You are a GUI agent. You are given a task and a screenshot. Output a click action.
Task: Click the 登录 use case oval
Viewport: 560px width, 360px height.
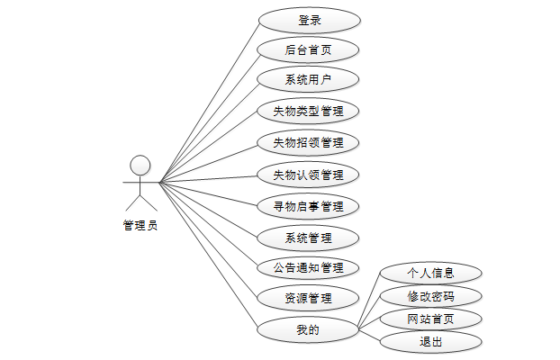tap(309, 19)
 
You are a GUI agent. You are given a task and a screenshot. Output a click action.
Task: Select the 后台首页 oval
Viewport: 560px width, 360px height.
tap(309, 49)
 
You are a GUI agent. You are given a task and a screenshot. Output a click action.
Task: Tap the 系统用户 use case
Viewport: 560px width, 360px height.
tap(309, 80)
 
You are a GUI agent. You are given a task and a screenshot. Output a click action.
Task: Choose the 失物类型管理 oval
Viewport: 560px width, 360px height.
tap(309, 112)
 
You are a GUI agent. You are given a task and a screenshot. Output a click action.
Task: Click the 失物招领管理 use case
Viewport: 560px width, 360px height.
tap(309, 142)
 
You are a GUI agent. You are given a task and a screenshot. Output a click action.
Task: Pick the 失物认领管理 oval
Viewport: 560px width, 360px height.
tap(309, 174)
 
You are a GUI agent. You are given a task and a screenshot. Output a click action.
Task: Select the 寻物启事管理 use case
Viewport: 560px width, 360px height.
tap(309, 206)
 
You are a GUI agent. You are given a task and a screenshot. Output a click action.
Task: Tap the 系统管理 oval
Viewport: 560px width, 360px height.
tap(309, 238)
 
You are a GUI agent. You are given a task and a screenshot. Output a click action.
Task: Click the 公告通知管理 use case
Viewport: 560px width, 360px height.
tap(309, 267)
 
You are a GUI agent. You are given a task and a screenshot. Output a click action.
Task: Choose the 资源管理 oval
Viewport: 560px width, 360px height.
tap(309, 298)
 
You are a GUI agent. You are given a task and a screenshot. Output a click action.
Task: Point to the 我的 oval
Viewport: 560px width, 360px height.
tap(309, 329)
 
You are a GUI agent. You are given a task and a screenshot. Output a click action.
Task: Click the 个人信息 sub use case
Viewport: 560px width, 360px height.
tap(431, 272)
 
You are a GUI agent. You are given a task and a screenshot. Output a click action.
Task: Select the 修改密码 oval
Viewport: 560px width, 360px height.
tap(431, 295)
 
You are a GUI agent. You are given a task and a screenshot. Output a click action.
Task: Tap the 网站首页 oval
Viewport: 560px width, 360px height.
tap(431, 319)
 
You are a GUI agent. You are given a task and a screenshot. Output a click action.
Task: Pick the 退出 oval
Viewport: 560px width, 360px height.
tap(431, 342)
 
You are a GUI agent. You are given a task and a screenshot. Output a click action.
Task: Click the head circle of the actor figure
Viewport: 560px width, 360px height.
tap(140, 165)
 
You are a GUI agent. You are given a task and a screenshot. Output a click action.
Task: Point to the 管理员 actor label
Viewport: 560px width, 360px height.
tap(140, 225)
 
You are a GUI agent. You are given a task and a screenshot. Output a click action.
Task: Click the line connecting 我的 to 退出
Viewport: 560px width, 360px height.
tap(370, 336)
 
